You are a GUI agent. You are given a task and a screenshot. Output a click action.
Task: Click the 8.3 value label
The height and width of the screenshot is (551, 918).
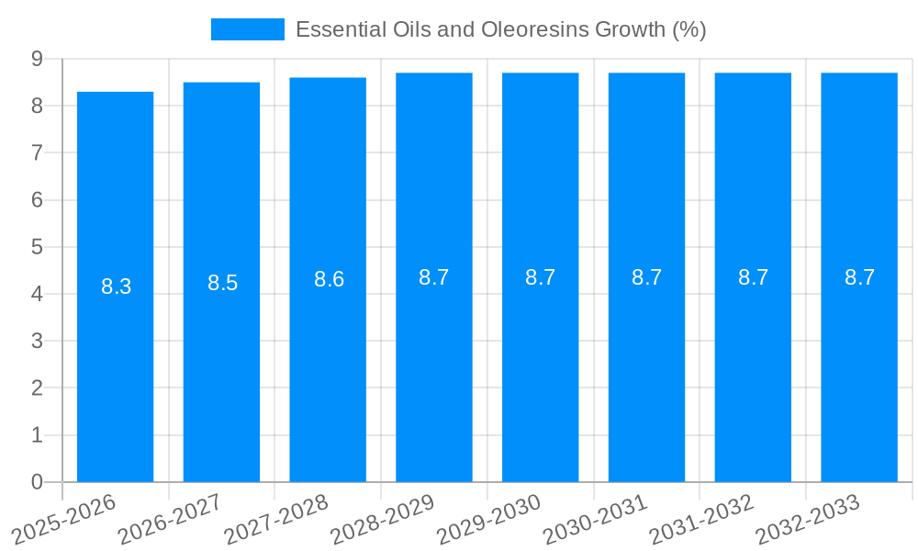[x=116, y=287]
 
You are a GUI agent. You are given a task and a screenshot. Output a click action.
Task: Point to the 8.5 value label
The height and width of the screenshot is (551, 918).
[x=222, y=283]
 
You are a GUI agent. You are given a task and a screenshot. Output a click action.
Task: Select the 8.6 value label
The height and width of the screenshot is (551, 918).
[x=329, y=279]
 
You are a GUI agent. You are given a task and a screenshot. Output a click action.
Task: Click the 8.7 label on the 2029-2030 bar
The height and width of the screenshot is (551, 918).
[x=540, y=277]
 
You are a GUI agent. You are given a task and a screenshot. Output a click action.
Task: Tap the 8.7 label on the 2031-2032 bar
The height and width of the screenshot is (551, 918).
[x=753, y=277]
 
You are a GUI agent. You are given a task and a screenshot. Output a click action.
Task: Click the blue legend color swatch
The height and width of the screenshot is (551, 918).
[x=248, y=29]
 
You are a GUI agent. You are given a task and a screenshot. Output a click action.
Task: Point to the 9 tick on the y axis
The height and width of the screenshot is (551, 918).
[x=37, y=59]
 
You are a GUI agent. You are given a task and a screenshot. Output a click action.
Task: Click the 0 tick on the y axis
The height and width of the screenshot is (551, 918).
[x=37, y=482]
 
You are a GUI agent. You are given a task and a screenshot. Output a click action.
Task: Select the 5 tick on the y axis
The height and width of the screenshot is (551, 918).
[x=37, y=247]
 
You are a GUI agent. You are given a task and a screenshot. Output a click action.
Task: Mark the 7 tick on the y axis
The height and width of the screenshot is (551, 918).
[x=37, y=152]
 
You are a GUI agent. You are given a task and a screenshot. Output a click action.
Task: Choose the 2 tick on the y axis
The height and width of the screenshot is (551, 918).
[x=37, y=388]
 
